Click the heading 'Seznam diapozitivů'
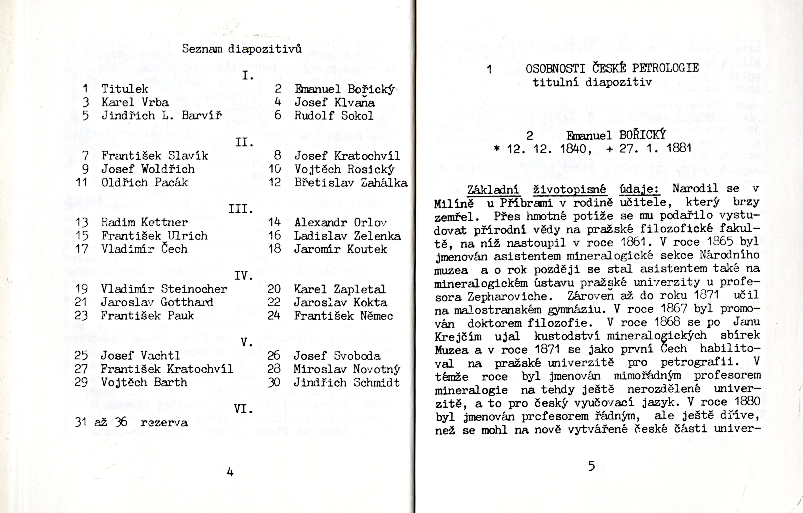coord(242,49)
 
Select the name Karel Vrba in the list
coord(135,102)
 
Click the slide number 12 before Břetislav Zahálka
coord(275,182)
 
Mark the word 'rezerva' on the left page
coord(164,423)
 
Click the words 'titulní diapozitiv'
coord(592,82)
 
